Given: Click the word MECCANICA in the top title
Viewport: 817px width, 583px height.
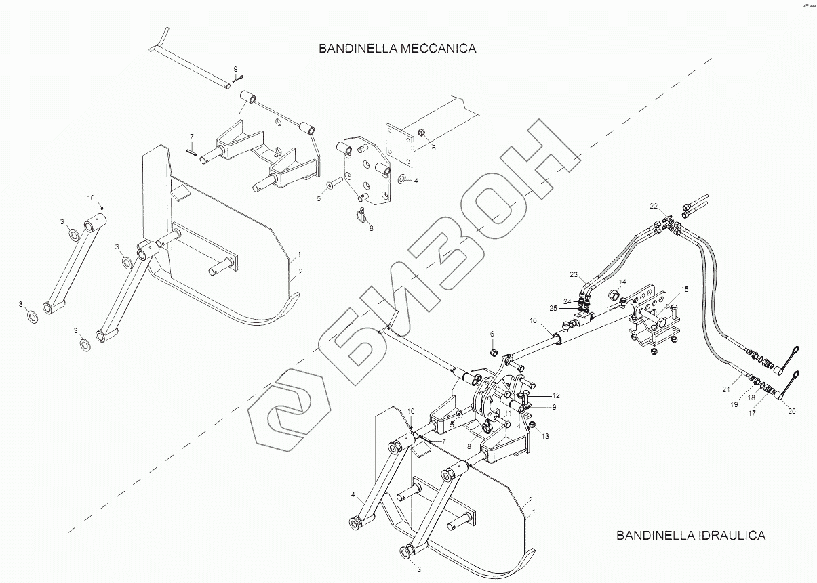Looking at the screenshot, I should [x=436, y=49].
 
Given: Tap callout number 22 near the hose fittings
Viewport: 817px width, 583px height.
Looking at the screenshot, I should [x=654, y=205].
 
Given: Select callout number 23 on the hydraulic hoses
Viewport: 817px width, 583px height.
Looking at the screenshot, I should [x=574, y=274].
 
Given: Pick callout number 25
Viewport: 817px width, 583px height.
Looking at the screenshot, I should [x=554, y=308].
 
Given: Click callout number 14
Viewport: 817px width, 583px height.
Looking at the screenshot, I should [x=622, y=282].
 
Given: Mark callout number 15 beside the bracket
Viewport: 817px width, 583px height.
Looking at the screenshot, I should [x=685, y=289].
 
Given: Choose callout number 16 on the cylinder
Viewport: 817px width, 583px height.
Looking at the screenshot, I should [x=533, y=320].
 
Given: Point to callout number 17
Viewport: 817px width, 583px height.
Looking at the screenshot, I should [x=752, y=413].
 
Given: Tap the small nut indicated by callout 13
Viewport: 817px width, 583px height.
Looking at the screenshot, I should [x=533, y=425].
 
